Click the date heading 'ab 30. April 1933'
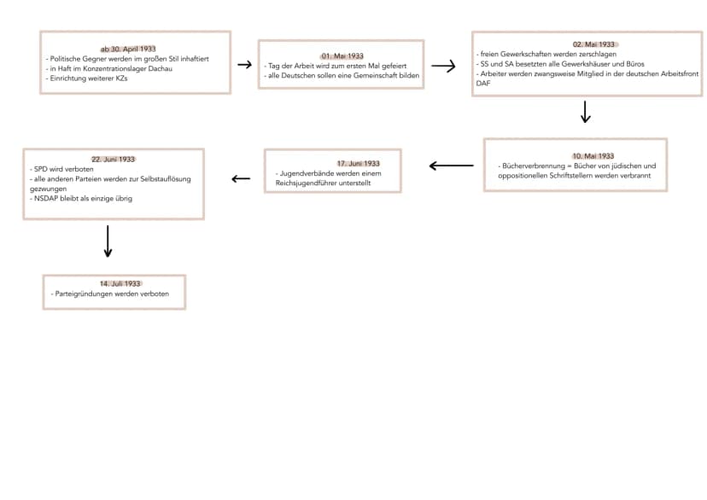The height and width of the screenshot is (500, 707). point(128,49)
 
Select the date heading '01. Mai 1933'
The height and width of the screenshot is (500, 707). point(342,55)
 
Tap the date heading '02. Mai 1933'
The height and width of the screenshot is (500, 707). point(593,44)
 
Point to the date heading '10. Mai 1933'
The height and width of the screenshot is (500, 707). point(593,156)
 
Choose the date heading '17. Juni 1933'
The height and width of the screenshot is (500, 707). point(359,164)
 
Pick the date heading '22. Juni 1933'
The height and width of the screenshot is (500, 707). point(114,160)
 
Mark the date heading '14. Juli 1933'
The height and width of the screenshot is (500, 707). point(120,284)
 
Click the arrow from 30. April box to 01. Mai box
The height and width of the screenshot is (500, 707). point(245,65)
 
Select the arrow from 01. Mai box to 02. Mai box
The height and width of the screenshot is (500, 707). point(443,67)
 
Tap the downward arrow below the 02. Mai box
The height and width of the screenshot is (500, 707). point(585,112)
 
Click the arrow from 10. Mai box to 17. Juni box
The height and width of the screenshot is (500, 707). point(452,166)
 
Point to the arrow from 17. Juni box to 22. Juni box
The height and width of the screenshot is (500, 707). point(241,179)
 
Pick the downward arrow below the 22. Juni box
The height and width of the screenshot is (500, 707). point(108,241)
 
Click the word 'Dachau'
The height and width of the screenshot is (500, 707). point(160,69)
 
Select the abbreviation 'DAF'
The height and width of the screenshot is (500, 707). point(483,84)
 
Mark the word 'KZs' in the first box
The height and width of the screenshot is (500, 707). point(122,78)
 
